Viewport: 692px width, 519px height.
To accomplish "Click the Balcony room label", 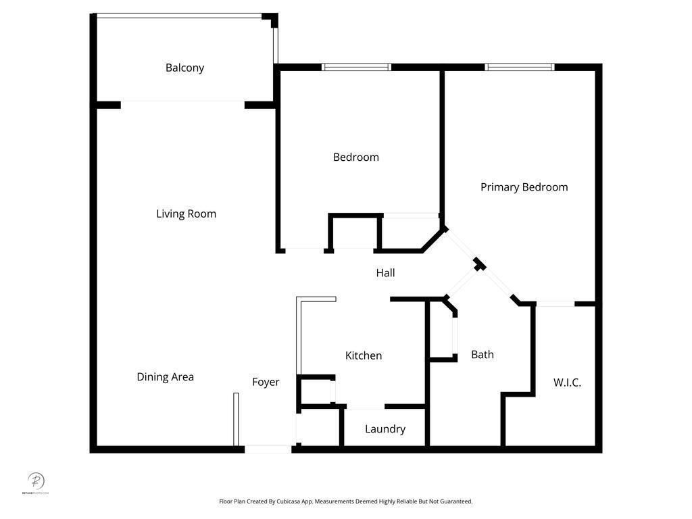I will (184, 68).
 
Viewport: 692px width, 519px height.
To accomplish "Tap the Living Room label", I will (186, 214).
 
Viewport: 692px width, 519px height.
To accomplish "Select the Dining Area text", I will (165, 376).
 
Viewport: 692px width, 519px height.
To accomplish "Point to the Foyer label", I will (266, 382).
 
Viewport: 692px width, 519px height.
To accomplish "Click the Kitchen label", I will (364, 355).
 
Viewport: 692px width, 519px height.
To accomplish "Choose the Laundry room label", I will (385, 429).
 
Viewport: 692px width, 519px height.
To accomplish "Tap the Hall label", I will (385, 273).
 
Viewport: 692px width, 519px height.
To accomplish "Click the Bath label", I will (482, 354).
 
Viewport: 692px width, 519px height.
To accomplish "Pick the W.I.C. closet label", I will (567, 382).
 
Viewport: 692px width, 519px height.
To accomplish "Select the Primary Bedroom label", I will (524, 187).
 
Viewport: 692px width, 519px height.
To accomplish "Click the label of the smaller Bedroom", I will (355, 157).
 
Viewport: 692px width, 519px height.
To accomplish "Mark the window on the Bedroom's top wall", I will (356, 67).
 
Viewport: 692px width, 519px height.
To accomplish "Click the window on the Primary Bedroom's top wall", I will (520, 67).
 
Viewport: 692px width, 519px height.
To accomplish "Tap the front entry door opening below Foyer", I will (268, 449).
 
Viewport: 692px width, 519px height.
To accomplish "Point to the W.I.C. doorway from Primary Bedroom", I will (555, 304).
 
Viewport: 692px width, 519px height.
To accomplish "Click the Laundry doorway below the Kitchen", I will (365, 407).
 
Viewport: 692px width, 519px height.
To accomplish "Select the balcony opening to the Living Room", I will (182, 104).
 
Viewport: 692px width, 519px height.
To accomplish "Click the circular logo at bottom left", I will (36, 481).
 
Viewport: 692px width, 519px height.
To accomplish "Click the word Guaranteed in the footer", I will (455, 501).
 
